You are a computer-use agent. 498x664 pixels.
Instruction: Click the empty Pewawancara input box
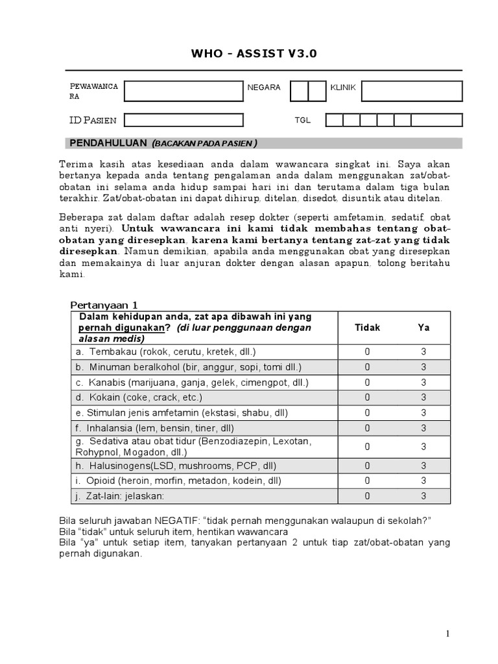(x=184, y=91)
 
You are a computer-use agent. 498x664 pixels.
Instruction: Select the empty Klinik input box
(x=412, y=91)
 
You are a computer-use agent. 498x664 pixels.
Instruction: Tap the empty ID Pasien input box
(x=184, y=120)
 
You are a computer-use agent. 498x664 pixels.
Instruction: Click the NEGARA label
(x=264, y=88)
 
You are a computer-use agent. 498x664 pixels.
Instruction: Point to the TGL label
(x=303, y=121)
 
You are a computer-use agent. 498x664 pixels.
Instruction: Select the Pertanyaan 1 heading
(x=104, y=305)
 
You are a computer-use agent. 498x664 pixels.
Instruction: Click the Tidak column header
(x=368, y=327)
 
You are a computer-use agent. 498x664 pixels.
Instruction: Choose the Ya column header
(x=423, y=327)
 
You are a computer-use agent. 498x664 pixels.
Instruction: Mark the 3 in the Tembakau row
(x=423, y=351)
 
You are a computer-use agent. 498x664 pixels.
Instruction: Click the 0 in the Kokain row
(x=368, y=397)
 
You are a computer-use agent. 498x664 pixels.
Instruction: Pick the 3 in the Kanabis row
(x=423, y=382)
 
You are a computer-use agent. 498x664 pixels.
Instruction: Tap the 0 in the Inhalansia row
(x=368, y=428)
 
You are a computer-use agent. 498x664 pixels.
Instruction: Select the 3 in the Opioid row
(x=423, y=480)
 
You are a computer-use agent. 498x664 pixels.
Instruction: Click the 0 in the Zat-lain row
(x=368, y=496)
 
